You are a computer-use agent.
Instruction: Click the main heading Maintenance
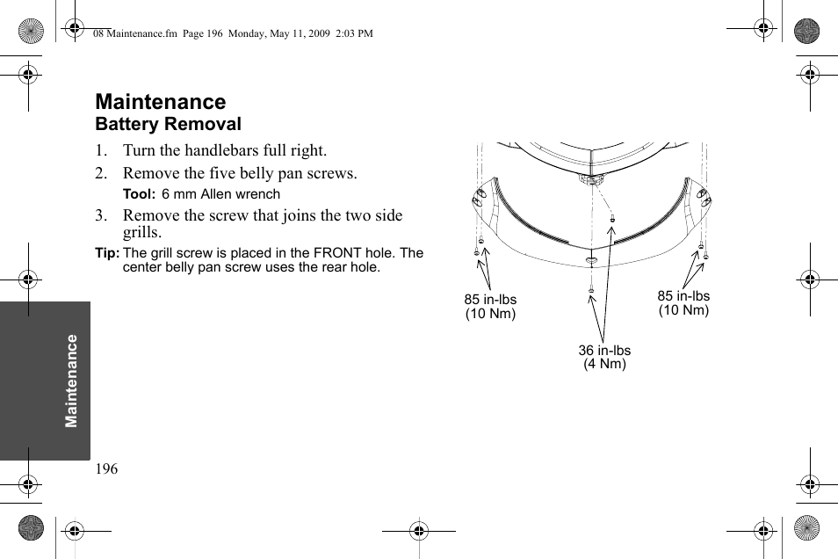coord(160,102)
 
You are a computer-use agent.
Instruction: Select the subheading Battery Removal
coord(168,124)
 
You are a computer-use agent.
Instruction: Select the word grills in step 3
coord(142,233)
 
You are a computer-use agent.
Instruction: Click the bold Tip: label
coord(107,253)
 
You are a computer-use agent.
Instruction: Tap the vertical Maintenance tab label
coord(71,380)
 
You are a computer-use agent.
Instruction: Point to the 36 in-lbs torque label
coord(604,351)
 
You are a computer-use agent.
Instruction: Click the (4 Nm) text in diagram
coord(604,364)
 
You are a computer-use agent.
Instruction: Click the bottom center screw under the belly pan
coord(592,289)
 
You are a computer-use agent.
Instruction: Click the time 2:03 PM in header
coord(354,33)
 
